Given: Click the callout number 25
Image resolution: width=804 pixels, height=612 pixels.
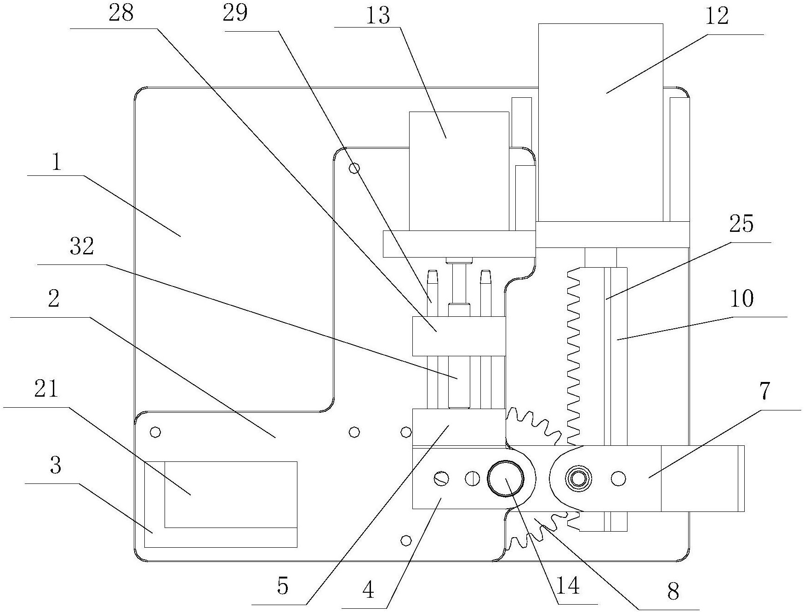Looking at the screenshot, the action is click(741, 225).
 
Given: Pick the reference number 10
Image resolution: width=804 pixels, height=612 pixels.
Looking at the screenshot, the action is click(741, 298).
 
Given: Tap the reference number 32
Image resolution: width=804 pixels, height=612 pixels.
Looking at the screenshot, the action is click(82, 247).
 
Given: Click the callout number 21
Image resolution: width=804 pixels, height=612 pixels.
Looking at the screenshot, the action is click(46, 389).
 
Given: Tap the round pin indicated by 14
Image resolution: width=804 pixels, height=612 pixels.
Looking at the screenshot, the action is click(506, 479).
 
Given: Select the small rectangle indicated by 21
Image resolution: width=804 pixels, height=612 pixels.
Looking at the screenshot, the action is click(231, 494).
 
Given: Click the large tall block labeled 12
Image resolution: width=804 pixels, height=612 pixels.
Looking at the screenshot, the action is click(601, 123).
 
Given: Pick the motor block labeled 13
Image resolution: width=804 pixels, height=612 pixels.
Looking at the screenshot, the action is click(459, 171).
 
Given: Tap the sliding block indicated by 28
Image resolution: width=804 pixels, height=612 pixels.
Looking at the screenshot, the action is click(458, 336).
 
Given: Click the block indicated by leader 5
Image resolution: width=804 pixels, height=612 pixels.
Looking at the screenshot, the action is click(458, 427).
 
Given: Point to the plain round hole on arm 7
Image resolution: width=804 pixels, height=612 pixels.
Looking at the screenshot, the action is click(618, 479).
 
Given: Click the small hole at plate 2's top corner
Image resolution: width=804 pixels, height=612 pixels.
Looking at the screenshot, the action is click(354, 168).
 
